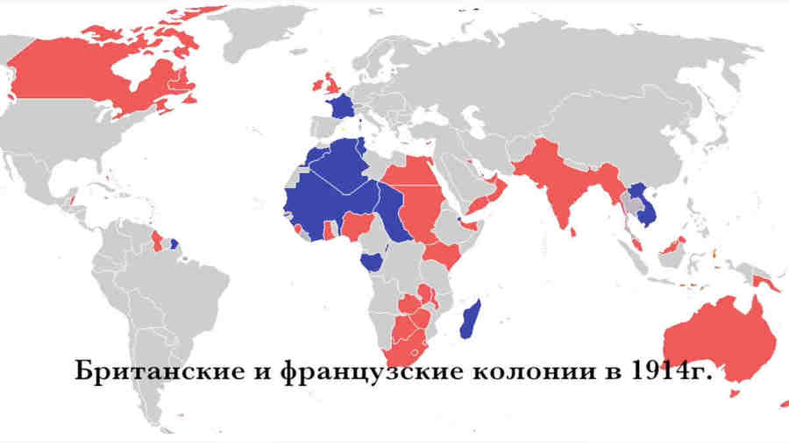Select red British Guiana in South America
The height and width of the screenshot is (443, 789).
[157, 238]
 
